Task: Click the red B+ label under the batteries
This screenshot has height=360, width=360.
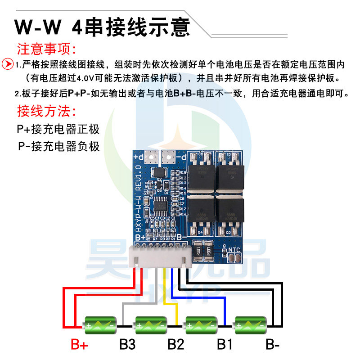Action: click(x=80, y=345)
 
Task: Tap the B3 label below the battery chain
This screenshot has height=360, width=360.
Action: click(x=127, y=345)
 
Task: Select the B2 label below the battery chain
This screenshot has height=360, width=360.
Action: click(x=175, y=345)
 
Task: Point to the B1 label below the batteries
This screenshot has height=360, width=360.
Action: click(x=224, y=345)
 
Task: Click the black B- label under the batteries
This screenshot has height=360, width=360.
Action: click(x=273, y=345)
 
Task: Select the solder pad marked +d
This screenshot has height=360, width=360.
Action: click(x=152, y=157)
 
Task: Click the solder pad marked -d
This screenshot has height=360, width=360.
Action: click(x=169, y=157)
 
